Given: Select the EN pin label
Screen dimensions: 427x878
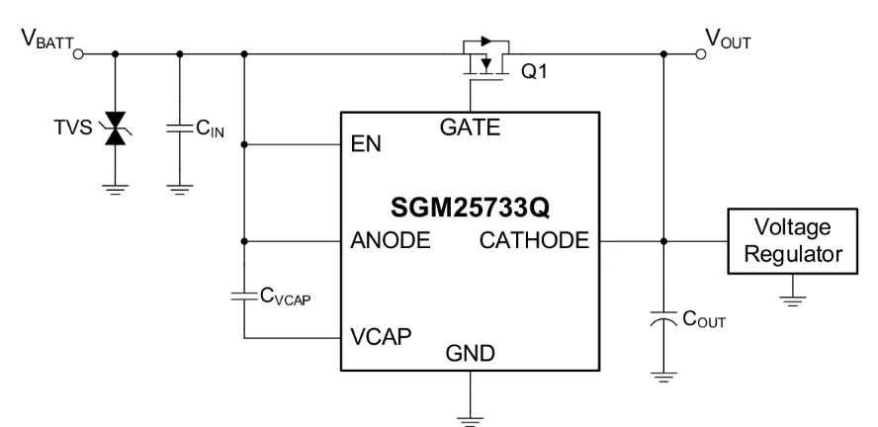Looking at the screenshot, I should pos(366,145).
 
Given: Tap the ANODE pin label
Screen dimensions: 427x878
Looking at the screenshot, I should pos(390,239).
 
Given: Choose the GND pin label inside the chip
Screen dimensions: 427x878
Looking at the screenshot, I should pos(471,352).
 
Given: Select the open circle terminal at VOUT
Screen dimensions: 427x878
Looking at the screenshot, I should pos(701,51).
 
